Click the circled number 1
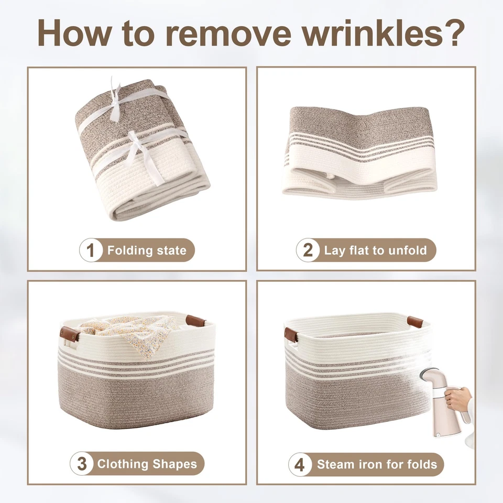click(x=91, y=250)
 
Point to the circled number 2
click(x=308, y=250)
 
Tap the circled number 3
click(x=82, y=464)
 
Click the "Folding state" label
click(x=147, y=250)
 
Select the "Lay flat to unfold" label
click(x=375, y=250)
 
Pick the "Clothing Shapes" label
click(x=147, y=464)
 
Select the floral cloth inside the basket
click(x=131, y=327)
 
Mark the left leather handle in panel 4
click(x=291, y=335)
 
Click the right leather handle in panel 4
click(x=415, y=321)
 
